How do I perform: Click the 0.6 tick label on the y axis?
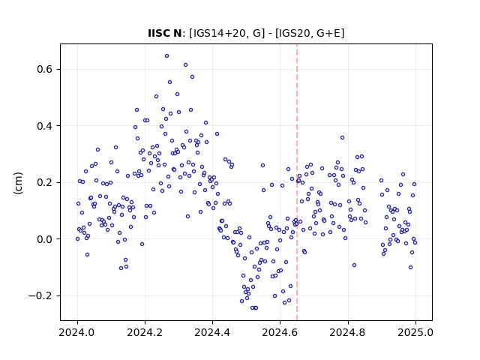click(45, 69)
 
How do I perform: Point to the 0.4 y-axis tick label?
click(45, 126)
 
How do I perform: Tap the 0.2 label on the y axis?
click(45, 182)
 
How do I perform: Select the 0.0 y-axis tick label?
click(45, 239)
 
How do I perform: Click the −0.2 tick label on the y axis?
click(40, 295)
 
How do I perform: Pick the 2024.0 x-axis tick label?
click(77, 332)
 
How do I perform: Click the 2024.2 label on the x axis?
click(145, 332)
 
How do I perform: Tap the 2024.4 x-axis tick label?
click(212, 332)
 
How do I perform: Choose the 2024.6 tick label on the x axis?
click(280, 332)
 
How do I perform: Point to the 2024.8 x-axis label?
click(348, 332)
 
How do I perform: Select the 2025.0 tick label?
click(415, 332)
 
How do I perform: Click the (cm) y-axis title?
click(18, 183)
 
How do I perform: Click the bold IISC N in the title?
click(165, 33)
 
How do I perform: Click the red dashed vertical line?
click(297, 182)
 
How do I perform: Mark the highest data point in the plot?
click(166, 55)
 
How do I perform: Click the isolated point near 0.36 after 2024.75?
click(342, 137)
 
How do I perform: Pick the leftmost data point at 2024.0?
click(77, 238)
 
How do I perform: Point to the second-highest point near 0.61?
click(185, 65)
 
